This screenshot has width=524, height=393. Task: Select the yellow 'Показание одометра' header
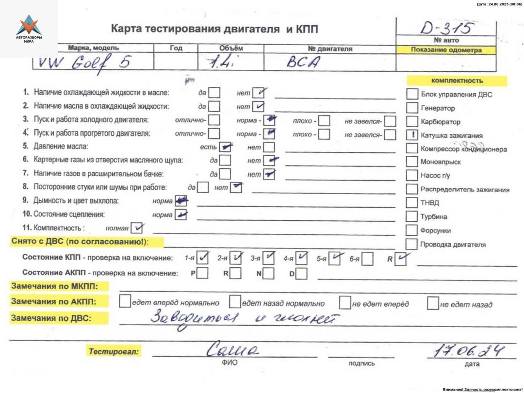[x=446, y=50]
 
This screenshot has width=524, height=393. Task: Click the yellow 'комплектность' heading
[x=457, y=81]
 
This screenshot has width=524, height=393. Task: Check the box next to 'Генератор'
[x=412, y=108]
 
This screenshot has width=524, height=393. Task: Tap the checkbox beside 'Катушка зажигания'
[x=412, y=135]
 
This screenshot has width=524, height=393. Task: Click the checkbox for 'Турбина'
[x=412, y=216]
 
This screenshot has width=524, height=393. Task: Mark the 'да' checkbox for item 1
[x=214, y=92]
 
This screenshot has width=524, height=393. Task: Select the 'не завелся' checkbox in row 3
[x=390, y=120]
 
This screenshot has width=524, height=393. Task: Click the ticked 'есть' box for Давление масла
[x=225, y=147]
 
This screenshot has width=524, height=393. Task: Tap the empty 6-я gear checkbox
[x=367, y=260]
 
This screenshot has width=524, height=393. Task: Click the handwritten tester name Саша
[x=233, y=348]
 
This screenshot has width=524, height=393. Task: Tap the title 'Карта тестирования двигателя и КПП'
[x=214, y=29]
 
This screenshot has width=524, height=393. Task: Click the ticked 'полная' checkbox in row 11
[x=137, y=227]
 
